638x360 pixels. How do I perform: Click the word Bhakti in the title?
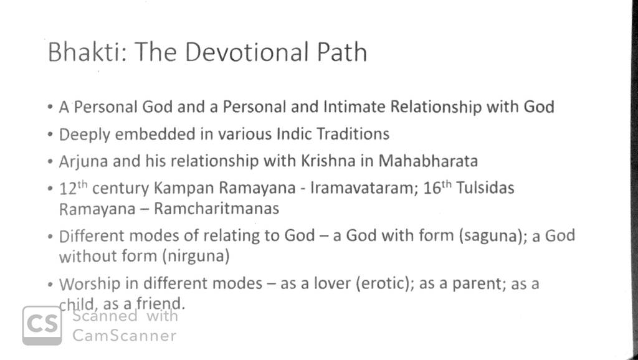tap(84, 52)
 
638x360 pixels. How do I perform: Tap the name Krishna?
tap(328, 161)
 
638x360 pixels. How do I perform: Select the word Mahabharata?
tap(428, 161)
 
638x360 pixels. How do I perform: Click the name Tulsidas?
tap(485, 188)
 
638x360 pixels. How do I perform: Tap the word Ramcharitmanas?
tap(216, 209)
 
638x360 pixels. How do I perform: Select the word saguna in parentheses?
tap(490, 236)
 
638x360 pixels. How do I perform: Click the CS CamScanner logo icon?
tap(42, 325)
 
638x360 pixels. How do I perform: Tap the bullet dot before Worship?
tap(50, 285)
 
